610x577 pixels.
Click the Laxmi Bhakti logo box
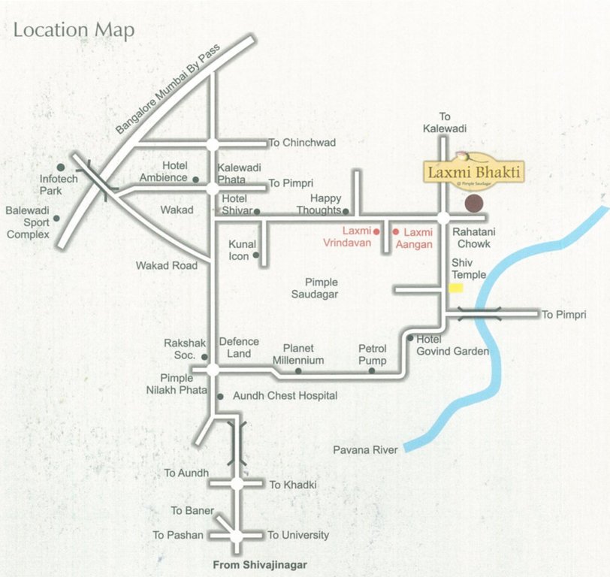pyautogui.click(x=473, y=172)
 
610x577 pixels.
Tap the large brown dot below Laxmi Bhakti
pyautogui.click(x=473, y=202)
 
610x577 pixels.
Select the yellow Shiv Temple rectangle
pyautogui.click(x=456, y=288)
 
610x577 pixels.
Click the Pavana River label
pyautogui.click(x=365, y=450)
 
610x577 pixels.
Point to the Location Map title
pyautogui.click(x=74, y=30)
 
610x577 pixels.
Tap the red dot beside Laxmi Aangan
pyautogui.click(x=396, y=232)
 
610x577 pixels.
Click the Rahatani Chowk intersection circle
pyautogui.click(x=443, y=218)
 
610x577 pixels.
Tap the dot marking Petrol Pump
pyautogui.click(x=372, y=370)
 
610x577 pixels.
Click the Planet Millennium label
pyautogui.click(x=298, y=354)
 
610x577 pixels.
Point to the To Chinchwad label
pyautogui.click(x=302, y=143)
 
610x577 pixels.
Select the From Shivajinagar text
pyautogui.click(x=260, y=564)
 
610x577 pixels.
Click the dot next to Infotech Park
pyautogui.click(x=60, y=167)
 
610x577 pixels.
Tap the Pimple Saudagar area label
pyautogui.click(x=315, y=288)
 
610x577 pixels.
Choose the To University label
pyautogui.click(x=298, y=535)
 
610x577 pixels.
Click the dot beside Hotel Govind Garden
pyautogui.click(x=410, y=339)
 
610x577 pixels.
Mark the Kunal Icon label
pyautogui.click(x=242, y=250)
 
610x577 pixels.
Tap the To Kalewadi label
pyautogui.click(x=444, y=122)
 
